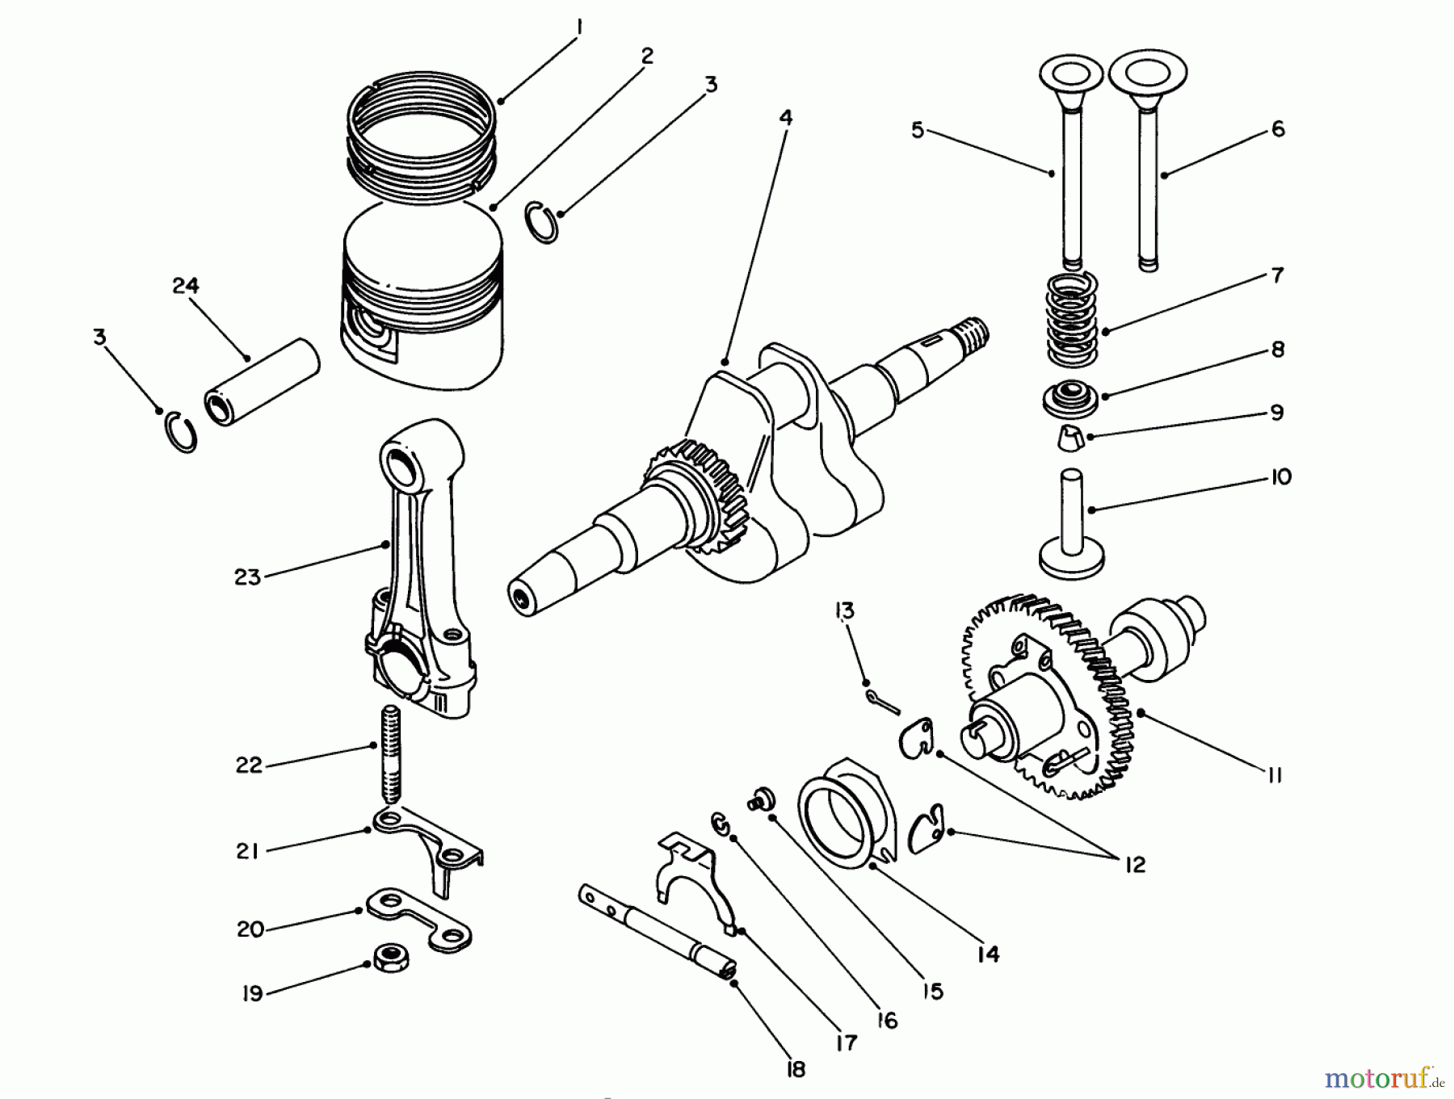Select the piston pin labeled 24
[263, 383]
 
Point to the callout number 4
[785, 118]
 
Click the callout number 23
[248, 577]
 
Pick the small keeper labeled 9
[1069, 438]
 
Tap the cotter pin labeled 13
[881, 702]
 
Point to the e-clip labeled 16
[721, 824]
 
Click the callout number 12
[1134, 865]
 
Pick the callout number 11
[1274, 775]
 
